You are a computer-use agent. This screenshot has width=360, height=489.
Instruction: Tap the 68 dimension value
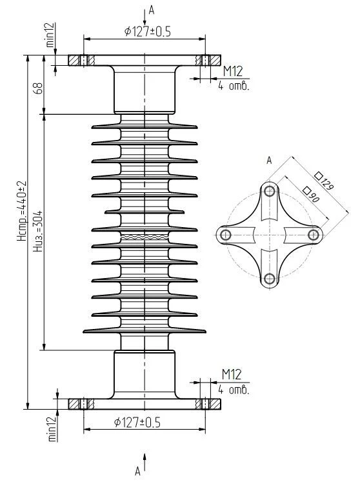coord(39,88)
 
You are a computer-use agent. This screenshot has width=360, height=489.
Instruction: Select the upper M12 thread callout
coord(232,72)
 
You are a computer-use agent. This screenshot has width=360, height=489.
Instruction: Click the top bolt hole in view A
coord(270,191)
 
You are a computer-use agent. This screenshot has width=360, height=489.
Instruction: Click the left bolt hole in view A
coord(225,235)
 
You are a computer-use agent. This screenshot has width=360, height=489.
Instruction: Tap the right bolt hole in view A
coord(314,235)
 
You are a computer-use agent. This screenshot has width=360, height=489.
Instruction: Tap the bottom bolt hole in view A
coord(270,279)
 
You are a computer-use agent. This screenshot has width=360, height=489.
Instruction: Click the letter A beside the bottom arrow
coord(137,472)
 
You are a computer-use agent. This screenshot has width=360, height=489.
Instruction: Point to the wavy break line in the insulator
coord(145,237)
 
